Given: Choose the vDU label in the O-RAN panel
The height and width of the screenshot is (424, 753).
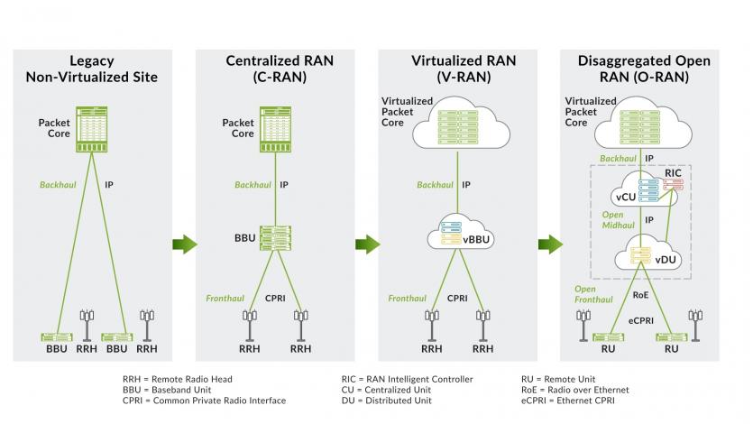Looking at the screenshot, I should click(x=666, y=259).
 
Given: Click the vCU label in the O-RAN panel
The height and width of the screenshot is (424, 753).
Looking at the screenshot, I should click(x=626, y=198).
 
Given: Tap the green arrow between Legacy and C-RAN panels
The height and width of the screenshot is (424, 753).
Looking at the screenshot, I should click(x=184, y=244).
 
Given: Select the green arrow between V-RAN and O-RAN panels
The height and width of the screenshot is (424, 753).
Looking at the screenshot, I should click(x=549, y=244).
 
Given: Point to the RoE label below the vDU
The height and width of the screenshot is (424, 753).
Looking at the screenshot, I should click(x=641, y=293).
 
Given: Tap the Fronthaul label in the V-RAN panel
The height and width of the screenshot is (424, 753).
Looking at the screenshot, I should click(x=408, y=297).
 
